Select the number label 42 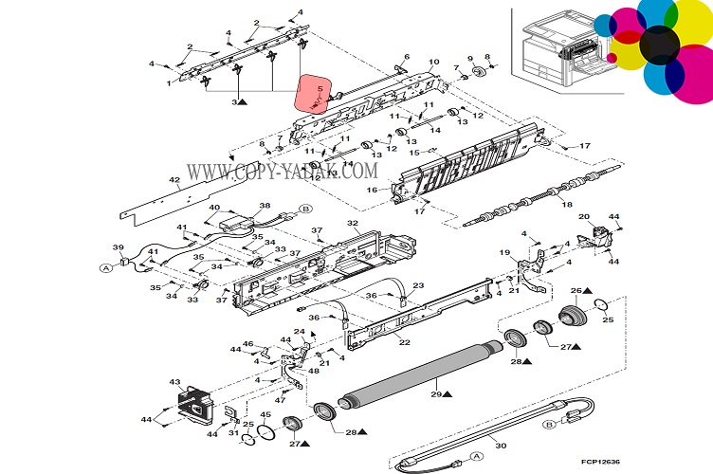pos(174,179)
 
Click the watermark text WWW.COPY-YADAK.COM pos(283,172)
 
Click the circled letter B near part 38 pos(306,209)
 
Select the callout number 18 pos(567,205)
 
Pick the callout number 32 pos(352,224)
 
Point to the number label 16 pos(372,191)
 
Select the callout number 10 pos(434,62)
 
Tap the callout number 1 pos(169,83)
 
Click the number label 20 pos(584,216)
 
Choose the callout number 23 pos(418,285)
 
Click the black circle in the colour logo pos(658,45)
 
